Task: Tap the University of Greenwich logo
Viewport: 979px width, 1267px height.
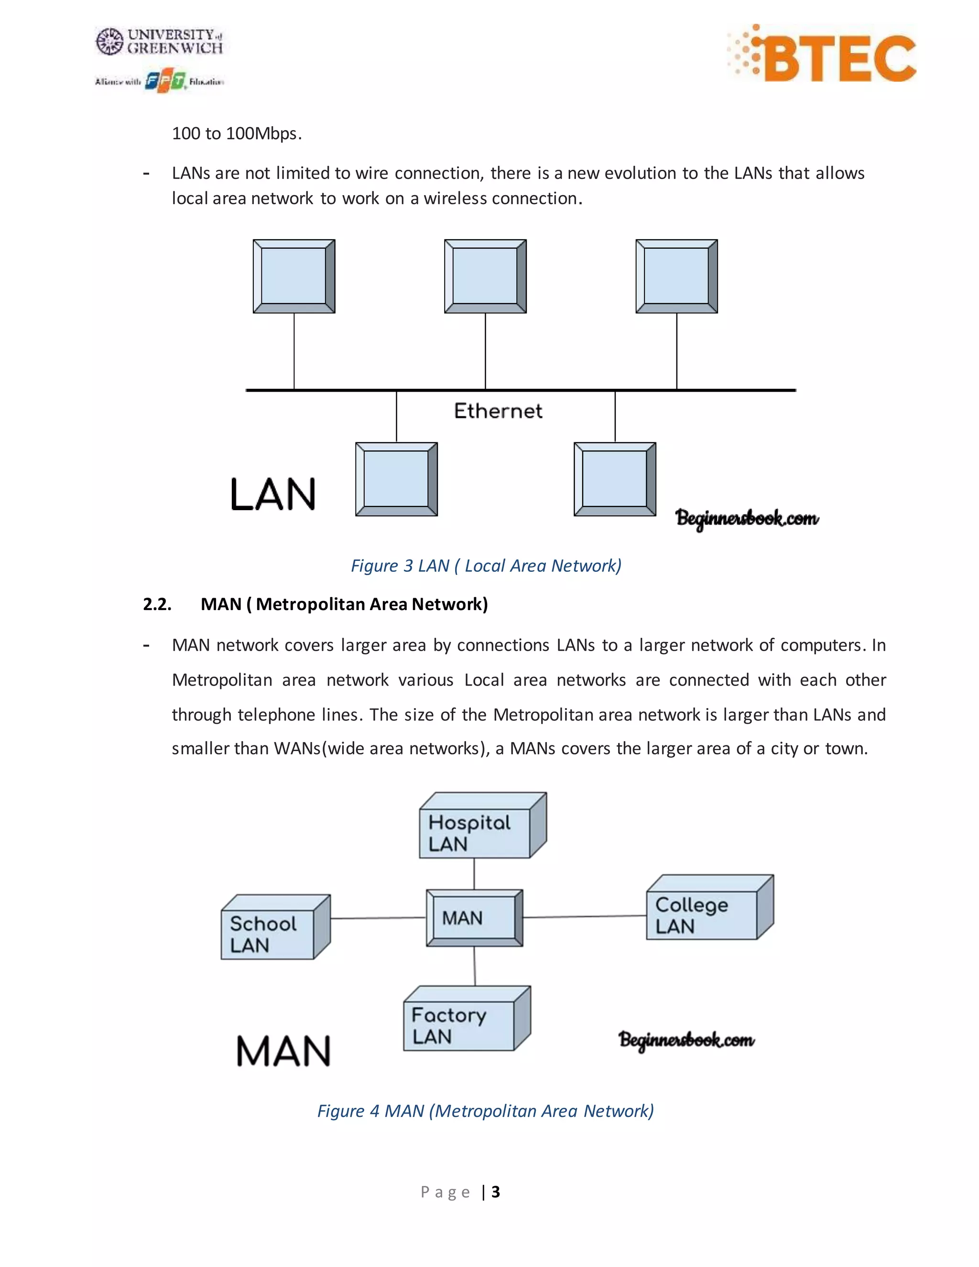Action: point(160,42)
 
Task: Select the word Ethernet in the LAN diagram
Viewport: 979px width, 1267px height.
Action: point(498,411)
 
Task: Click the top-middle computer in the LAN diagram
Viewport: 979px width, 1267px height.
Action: point(485,276)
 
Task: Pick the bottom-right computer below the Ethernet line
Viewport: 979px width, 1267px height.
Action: point(615,479)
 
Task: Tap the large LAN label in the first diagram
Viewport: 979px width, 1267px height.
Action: point(272,495)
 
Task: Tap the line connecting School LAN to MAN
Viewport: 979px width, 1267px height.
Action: point(378,918)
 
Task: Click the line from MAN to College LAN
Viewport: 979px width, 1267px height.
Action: point(585,917)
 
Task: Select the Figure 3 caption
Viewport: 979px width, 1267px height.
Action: point(486,566)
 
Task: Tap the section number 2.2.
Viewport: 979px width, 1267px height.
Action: point(157,604)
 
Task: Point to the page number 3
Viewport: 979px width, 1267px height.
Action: point(495,1191)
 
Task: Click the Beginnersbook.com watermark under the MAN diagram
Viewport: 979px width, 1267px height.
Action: point(687,1039)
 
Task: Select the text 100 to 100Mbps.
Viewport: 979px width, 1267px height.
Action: point(237,133)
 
